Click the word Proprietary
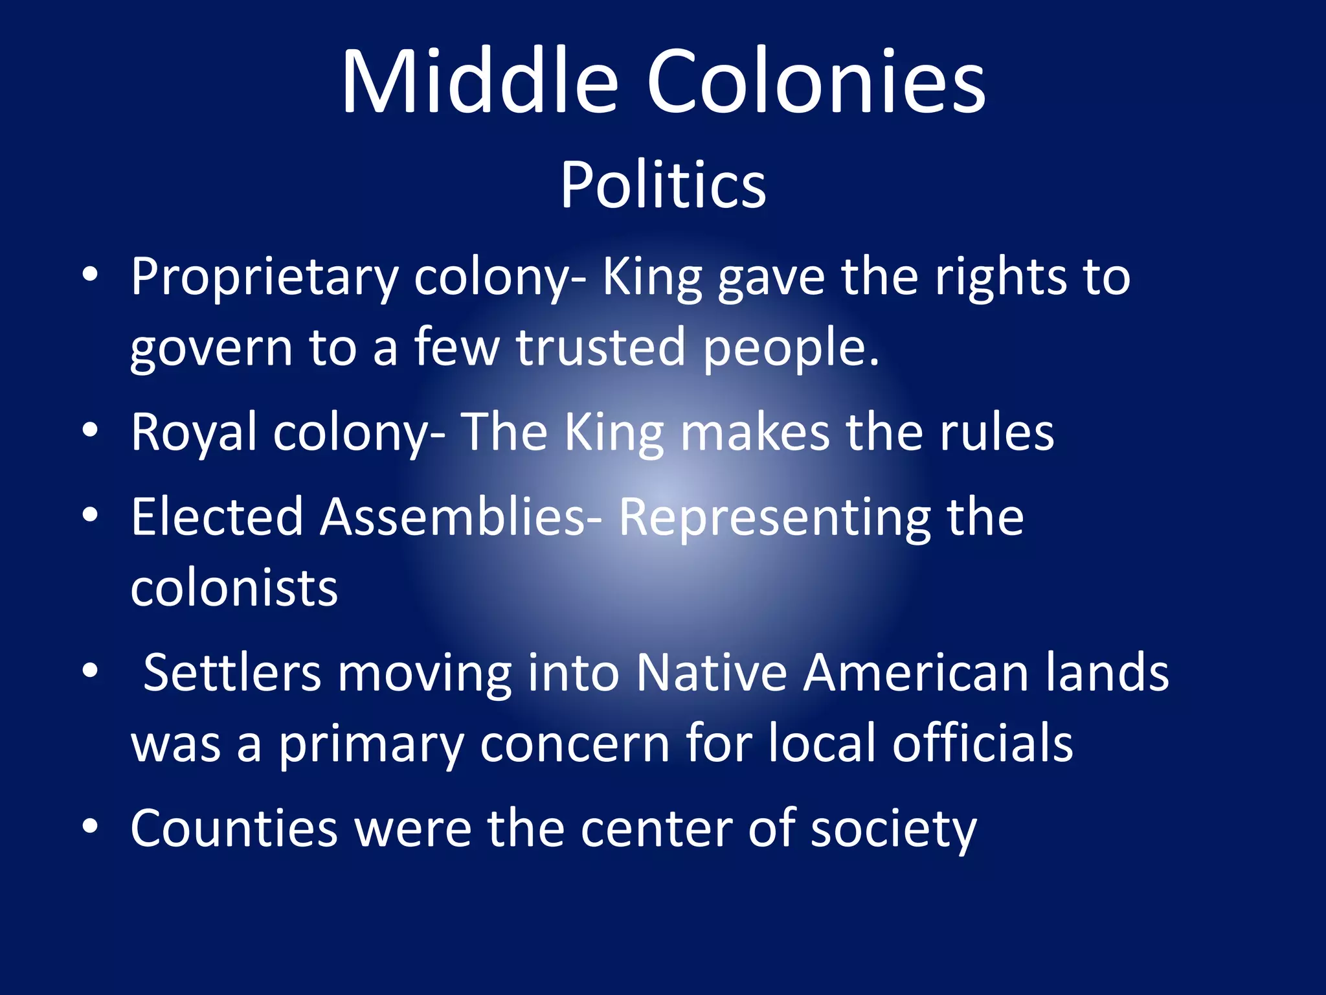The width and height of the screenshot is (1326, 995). point(264,277)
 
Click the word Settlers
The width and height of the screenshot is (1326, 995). point(232,672)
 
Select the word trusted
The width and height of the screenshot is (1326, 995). point(600,347)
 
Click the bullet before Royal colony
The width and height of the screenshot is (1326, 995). point(90,429)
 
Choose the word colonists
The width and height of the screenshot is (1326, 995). point(234,588)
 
